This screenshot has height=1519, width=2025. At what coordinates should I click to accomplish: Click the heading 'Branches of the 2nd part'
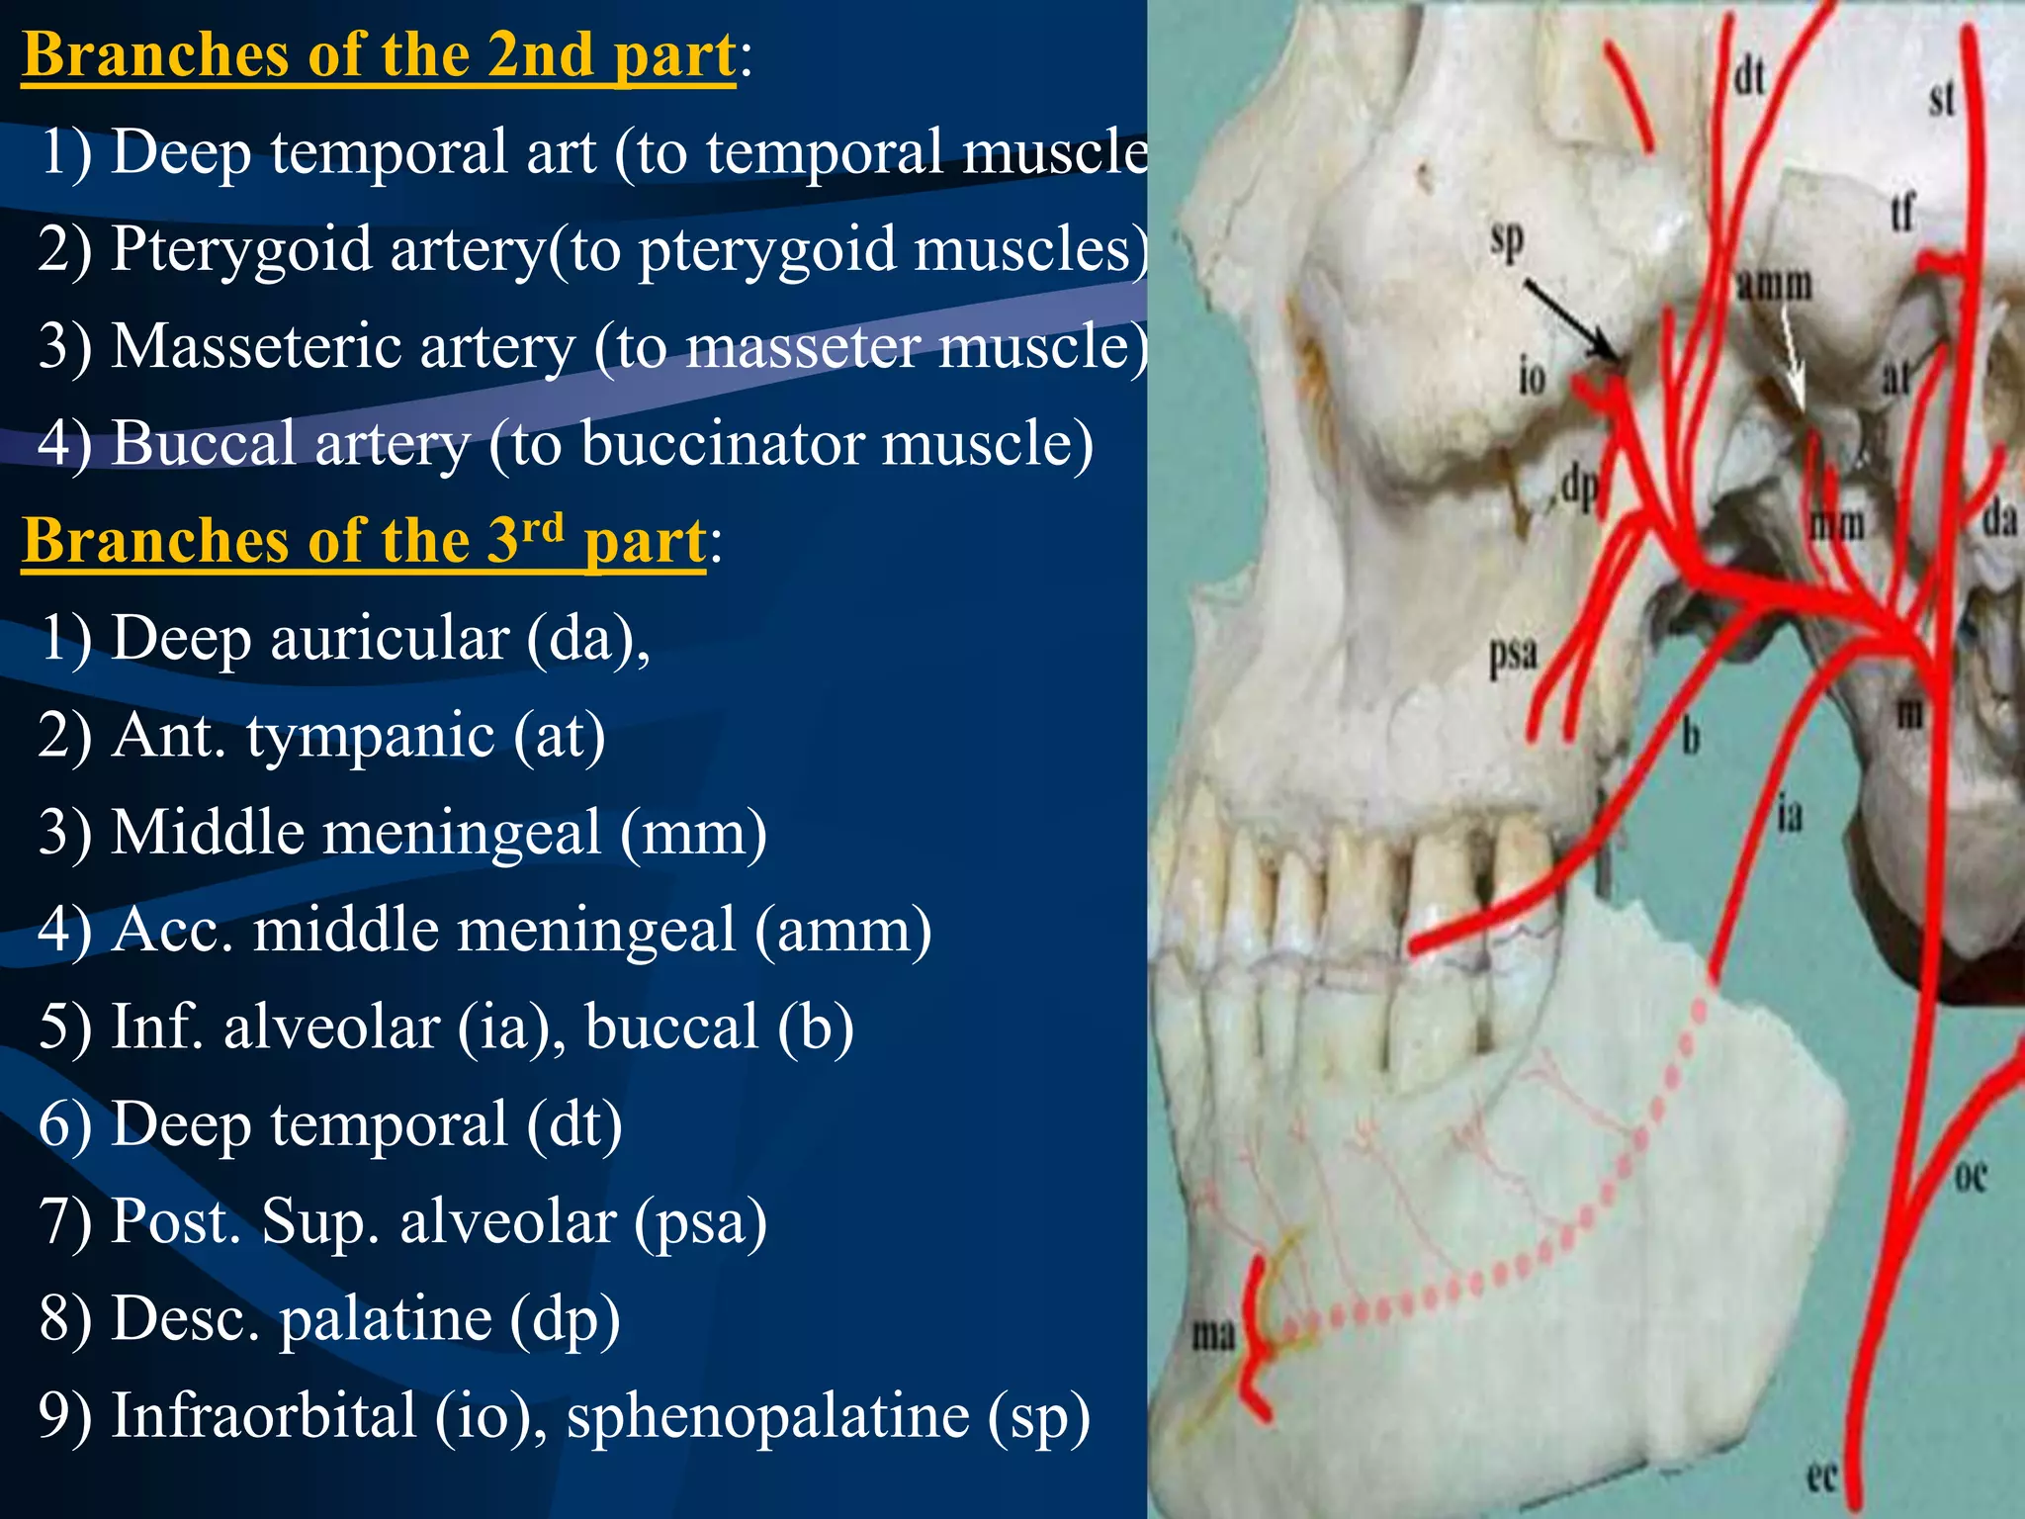click(379, 55)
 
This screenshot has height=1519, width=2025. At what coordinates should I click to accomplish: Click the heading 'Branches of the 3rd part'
click(364, 541)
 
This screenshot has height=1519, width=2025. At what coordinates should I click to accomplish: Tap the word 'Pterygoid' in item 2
click(241, 249)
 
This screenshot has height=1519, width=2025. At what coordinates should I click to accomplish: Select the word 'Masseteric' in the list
click(243, 346)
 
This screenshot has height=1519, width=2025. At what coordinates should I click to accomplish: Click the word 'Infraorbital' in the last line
click(263, 1415)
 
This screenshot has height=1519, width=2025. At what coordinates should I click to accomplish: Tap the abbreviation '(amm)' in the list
click(843, 931)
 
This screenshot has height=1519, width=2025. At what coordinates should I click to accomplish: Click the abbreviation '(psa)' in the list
click(700, 1222)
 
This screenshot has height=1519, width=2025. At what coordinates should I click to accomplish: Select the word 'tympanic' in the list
click(370, 737)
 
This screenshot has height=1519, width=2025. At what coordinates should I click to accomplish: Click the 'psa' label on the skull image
click(1514, 654)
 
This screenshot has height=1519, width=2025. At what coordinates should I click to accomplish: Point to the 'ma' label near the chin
click(1213, 1336)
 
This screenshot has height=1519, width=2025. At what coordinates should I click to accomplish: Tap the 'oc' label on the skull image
click(1971, 1177)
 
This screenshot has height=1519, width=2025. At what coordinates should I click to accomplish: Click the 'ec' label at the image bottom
click(1821, 1476)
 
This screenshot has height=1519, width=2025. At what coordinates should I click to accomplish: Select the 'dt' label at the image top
click(1749, 74)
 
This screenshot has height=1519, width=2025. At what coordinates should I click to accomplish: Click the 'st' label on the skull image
click(1942, 99)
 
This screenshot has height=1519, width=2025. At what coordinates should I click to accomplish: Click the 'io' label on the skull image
click(1532, 377)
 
